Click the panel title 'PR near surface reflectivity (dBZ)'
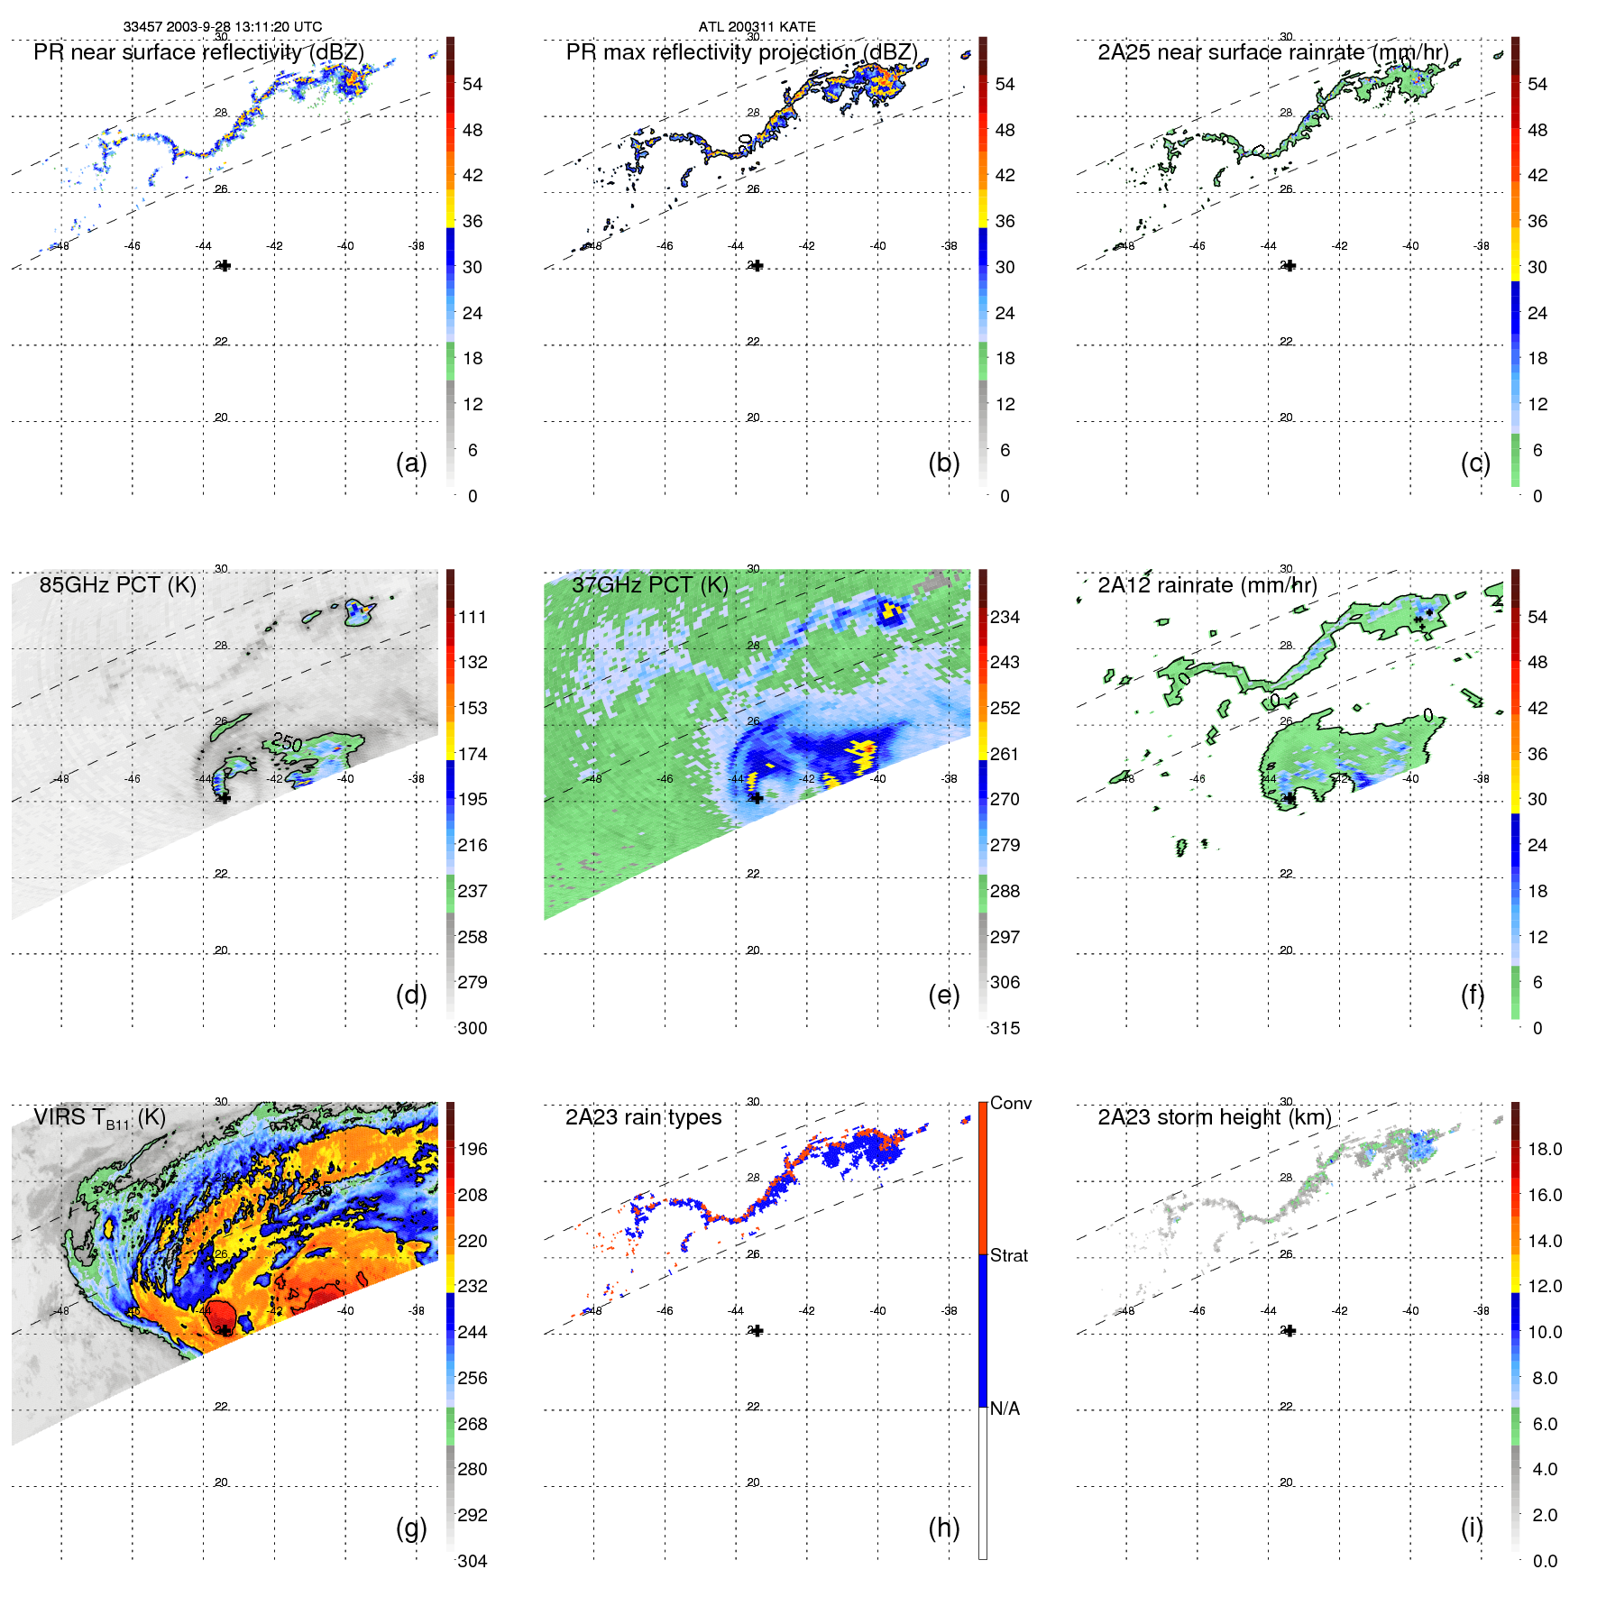point(198,52)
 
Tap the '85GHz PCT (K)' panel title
point(117,585)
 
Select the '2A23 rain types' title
point(643,1117)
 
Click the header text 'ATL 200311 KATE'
point(757,27)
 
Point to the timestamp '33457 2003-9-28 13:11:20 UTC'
point(223,27)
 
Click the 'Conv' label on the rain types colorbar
point(1010,1103)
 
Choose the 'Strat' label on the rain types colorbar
point(1008,1255)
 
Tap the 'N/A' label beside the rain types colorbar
point(1005,1409)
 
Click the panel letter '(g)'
point(411,1528)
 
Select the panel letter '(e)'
point(943,996)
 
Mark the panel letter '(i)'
point(1472,1528)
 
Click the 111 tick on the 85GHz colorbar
point(472,617)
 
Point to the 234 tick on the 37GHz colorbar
point(1005,617)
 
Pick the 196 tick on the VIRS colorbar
point(472,1149)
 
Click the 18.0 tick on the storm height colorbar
point(1544,1149)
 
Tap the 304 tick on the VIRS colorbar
point(472,1561)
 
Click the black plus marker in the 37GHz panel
point(757,798)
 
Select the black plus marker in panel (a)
point(225,266)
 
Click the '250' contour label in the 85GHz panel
point(287,742)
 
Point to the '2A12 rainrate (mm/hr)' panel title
point(1207,585)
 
